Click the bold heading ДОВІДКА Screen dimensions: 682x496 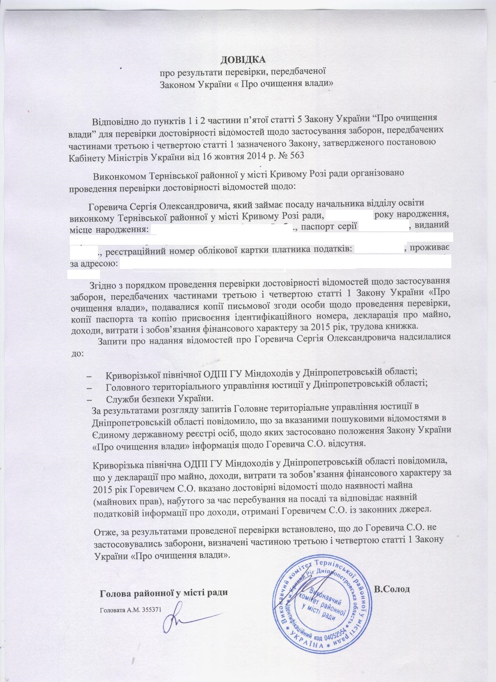[x=243, y=60]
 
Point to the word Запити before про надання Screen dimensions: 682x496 [x=111, y=337]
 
